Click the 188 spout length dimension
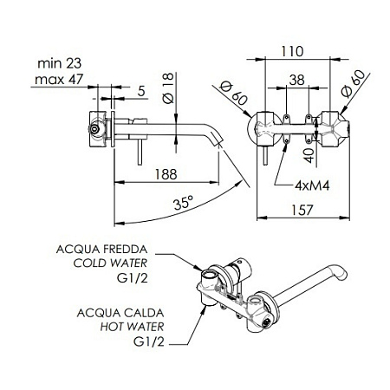pos(166,174)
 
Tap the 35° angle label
pos(183,203)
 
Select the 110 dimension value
pos(292,51)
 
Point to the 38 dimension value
pos(296,80)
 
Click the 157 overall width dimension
pos(302,210)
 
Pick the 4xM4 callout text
pos(312,185)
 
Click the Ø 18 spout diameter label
pos(168,88)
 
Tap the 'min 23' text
pos(60,63)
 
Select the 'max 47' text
pos(59,79)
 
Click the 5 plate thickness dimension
pos(141,91)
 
